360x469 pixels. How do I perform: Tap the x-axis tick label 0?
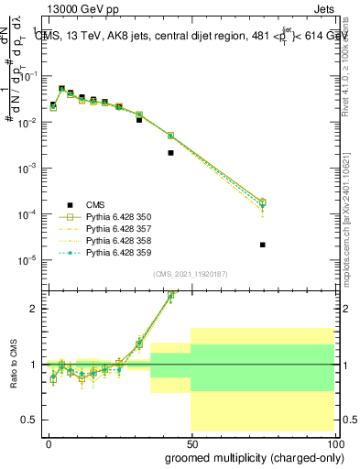pos(49,443)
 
